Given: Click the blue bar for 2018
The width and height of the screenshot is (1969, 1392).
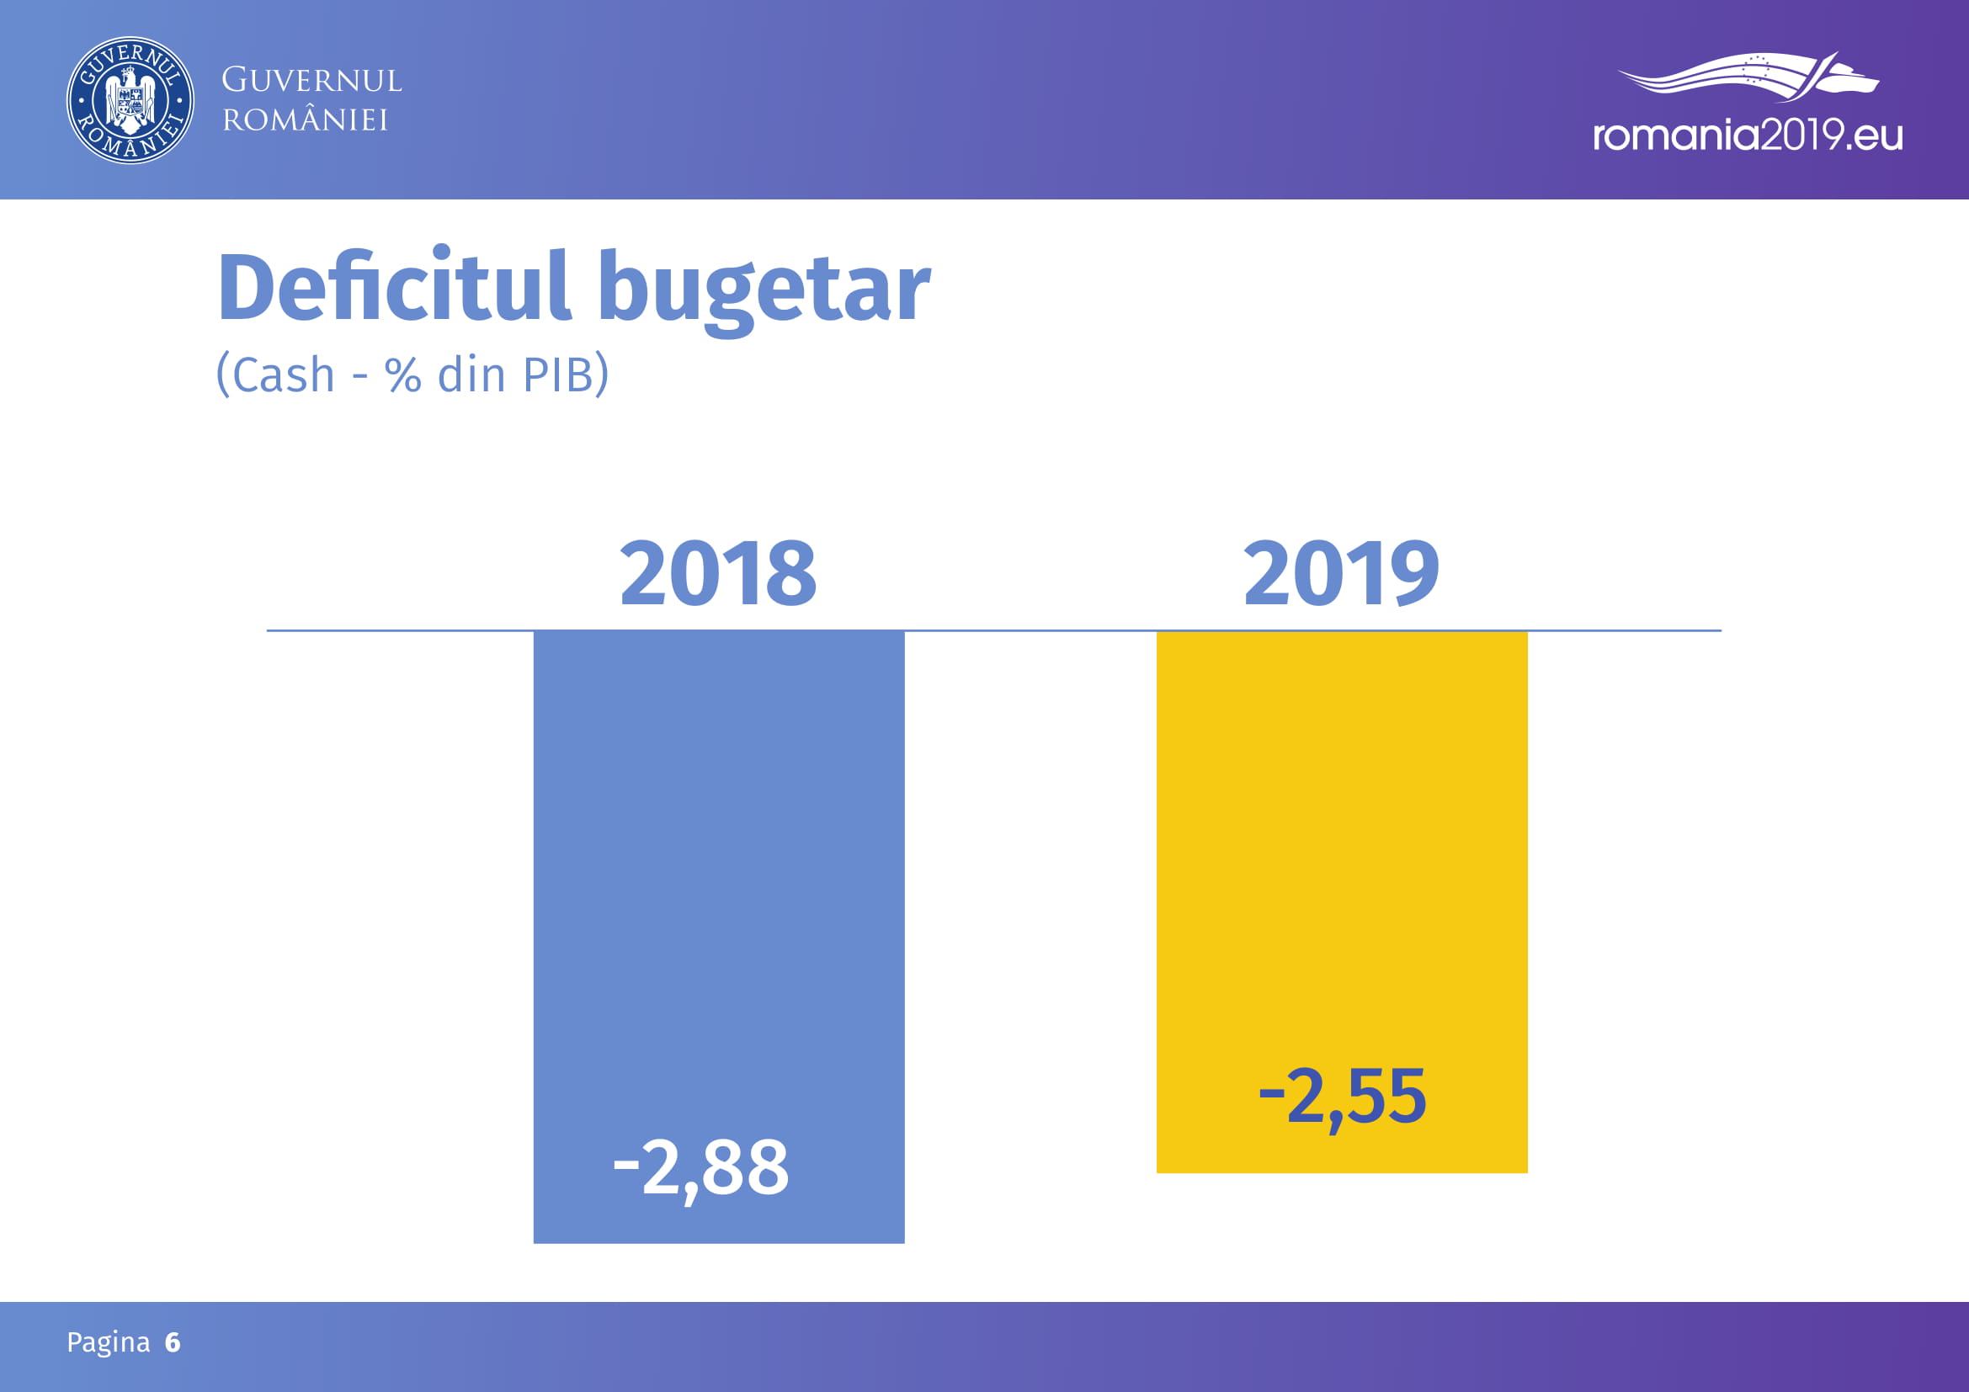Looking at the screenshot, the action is (719, 937).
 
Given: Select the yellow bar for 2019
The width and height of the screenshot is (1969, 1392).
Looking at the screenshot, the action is (1342, 901).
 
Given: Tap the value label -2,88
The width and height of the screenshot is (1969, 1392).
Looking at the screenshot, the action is (700, 1168).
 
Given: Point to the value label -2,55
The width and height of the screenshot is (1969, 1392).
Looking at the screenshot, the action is (1342, 1097).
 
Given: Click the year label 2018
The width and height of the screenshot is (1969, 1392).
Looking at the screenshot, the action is (718, 573).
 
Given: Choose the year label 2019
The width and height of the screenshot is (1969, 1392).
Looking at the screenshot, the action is (1341, 573).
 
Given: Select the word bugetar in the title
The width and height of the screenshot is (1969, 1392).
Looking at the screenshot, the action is (764, 291).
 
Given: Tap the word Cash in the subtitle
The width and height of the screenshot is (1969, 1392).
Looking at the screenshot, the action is (283, 375).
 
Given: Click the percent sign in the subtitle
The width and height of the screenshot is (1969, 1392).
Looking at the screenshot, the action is (403, 375).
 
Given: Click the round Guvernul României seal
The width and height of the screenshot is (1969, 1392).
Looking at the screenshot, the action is (130, 100).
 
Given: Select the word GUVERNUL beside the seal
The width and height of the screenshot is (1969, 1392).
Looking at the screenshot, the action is (311, 81).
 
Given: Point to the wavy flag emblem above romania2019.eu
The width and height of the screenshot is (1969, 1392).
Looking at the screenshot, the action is (1748, 77).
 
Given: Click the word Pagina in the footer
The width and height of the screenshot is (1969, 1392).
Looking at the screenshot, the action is (108, 1343).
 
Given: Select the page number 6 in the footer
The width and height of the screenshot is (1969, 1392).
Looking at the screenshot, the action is (173, 1342).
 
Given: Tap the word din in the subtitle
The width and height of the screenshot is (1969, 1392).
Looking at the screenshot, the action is (471, 375).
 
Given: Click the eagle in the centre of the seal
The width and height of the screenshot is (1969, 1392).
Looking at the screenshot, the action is (130, 100).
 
